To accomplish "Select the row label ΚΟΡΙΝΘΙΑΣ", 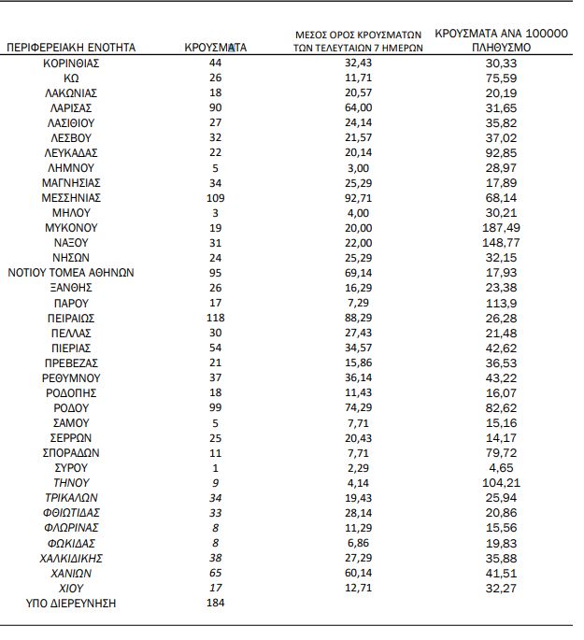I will click(72, 63).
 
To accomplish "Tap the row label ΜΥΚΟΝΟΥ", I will click(72, 227).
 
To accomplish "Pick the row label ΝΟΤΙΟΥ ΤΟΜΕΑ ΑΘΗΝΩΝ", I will click(72, 273).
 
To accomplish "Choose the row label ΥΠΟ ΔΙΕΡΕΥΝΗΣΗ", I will click(72, 604).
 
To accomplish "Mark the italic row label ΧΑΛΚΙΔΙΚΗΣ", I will click(72, 558).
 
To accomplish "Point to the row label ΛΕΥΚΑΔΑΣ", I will click(72, 152).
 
